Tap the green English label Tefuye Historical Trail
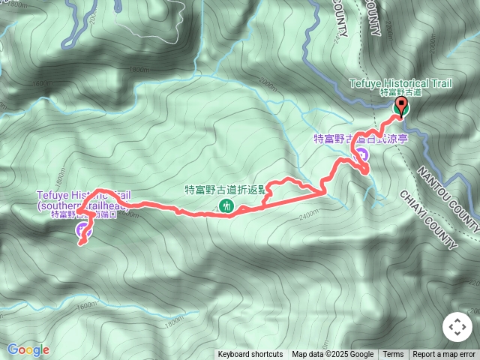point(400,82)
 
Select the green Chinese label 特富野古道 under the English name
point(400,92)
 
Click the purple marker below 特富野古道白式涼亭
point(361,155)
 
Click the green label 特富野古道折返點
point(224,190)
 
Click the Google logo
point(28,349)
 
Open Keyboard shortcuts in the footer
point(250,355)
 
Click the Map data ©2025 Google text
point(332,355)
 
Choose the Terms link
point(393,355)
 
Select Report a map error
point(445,355)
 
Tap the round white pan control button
point(457,328)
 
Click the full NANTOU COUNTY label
point(448,192)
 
